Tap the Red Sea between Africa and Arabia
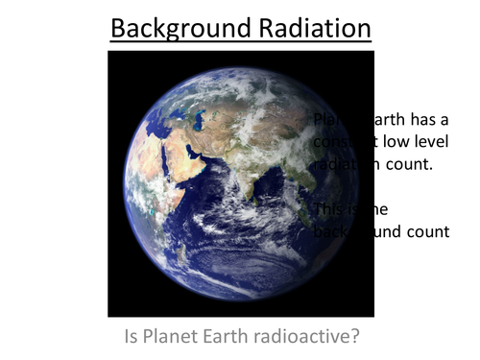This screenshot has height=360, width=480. [164, 163]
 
